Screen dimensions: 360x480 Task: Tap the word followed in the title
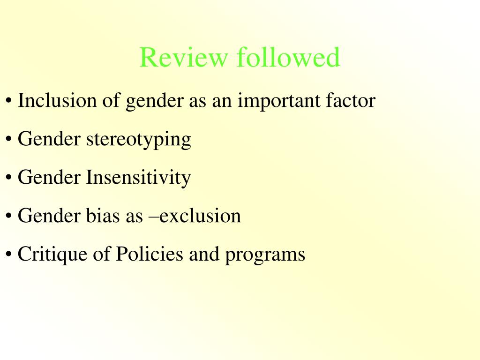288,58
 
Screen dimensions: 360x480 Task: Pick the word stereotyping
138,140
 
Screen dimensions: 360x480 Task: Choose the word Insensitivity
138,178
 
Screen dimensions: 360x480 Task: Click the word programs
265,255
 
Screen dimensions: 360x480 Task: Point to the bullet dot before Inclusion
9,102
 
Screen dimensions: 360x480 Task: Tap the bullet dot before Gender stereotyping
9,140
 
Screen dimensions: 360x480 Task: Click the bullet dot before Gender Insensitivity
9,179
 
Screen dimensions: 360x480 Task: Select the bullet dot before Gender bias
9,217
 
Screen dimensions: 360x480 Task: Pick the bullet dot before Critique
9,255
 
